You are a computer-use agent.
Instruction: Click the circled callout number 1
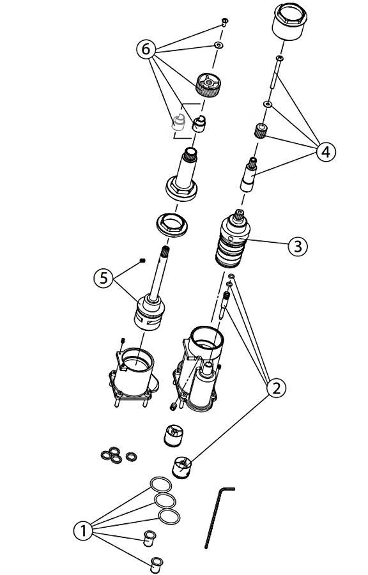(x=83, y=531)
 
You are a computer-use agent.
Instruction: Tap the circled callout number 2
(x=276, y=388)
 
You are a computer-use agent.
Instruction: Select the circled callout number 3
(x=298, y=246)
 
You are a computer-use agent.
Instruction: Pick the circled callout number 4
(x=326, y=151)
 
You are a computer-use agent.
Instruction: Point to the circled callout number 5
(x=104, y=279)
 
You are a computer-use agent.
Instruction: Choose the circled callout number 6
(x=146, y=49)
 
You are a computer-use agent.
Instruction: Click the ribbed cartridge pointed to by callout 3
(x=233, y=238)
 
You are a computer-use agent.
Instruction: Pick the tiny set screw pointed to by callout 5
(x=142, y=261)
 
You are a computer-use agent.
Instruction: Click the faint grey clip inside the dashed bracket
(x=179, y=123)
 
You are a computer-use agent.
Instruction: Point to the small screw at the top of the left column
(x=225, y=22)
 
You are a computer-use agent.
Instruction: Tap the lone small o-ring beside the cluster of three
(x=131, y=457)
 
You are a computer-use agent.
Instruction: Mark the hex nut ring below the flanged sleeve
(x=172, y=224)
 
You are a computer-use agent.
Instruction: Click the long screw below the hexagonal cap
(x=276, y=72)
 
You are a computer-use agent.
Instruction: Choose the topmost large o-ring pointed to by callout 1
(x=161, y=484)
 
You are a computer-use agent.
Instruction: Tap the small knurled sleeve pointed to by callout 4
(x=261, y=131)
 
